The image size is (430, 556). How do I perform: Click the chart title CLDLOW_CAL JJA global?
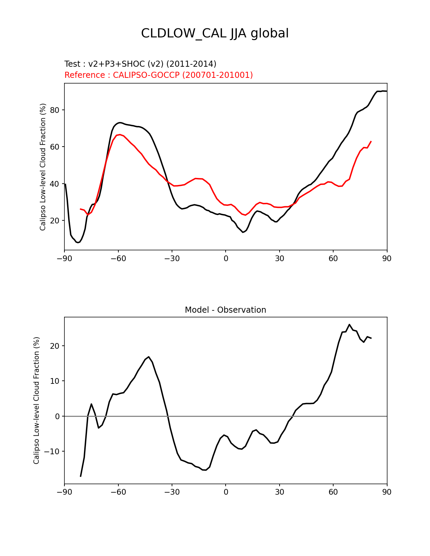[x=215, y=33]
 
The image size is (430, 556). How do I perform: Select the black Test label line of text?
[x=140, y=64]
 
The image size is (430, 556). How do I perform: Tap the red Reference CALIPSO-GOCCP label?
[x=159, y=75]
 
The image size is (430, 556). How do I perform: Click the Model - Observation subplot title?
[x=225, y=310]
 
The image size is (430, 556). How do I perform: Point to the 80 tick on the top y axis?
[x=55, y=110]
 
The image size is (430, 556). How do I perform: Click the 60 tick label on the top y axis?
[x=55, y=147]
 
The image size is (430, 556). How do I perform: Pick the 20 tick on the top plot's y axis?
[x=55, y=221]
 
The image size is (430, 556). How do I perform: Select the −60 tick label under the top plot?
[x=118, y=258]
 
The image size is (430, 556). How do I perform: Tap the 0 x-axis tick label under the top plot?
[x=226, y=258]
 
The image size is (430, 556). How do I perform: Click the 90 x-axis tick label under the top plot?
[x=387, y=258]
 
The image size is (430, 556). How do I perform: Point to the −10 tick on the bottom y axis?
[x=52, y=452]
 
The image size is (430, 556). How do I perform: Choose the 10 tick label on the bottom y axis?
[x=55, y=381]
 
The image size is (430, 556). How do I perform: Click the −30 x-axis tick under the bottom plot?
[x=172, y=492]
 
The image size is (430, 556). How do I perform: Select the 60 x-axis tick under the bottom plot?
[x=333, y=492]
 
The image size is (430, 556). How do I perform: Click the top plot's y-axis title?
[x=43, y=167]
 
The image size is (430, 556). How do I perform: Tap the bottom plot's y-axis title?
[x=36, y=400]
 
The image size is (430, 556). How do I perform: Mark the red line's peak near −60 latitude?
[x=120, y=134]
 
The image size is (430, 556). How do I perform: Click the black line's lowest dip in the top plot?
[x=78, y=243]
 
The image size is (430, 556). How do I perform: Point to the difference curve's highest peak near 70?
[x=349, y=325]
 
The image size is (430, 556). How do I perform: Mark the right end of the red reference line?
[x=371, y=142]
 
